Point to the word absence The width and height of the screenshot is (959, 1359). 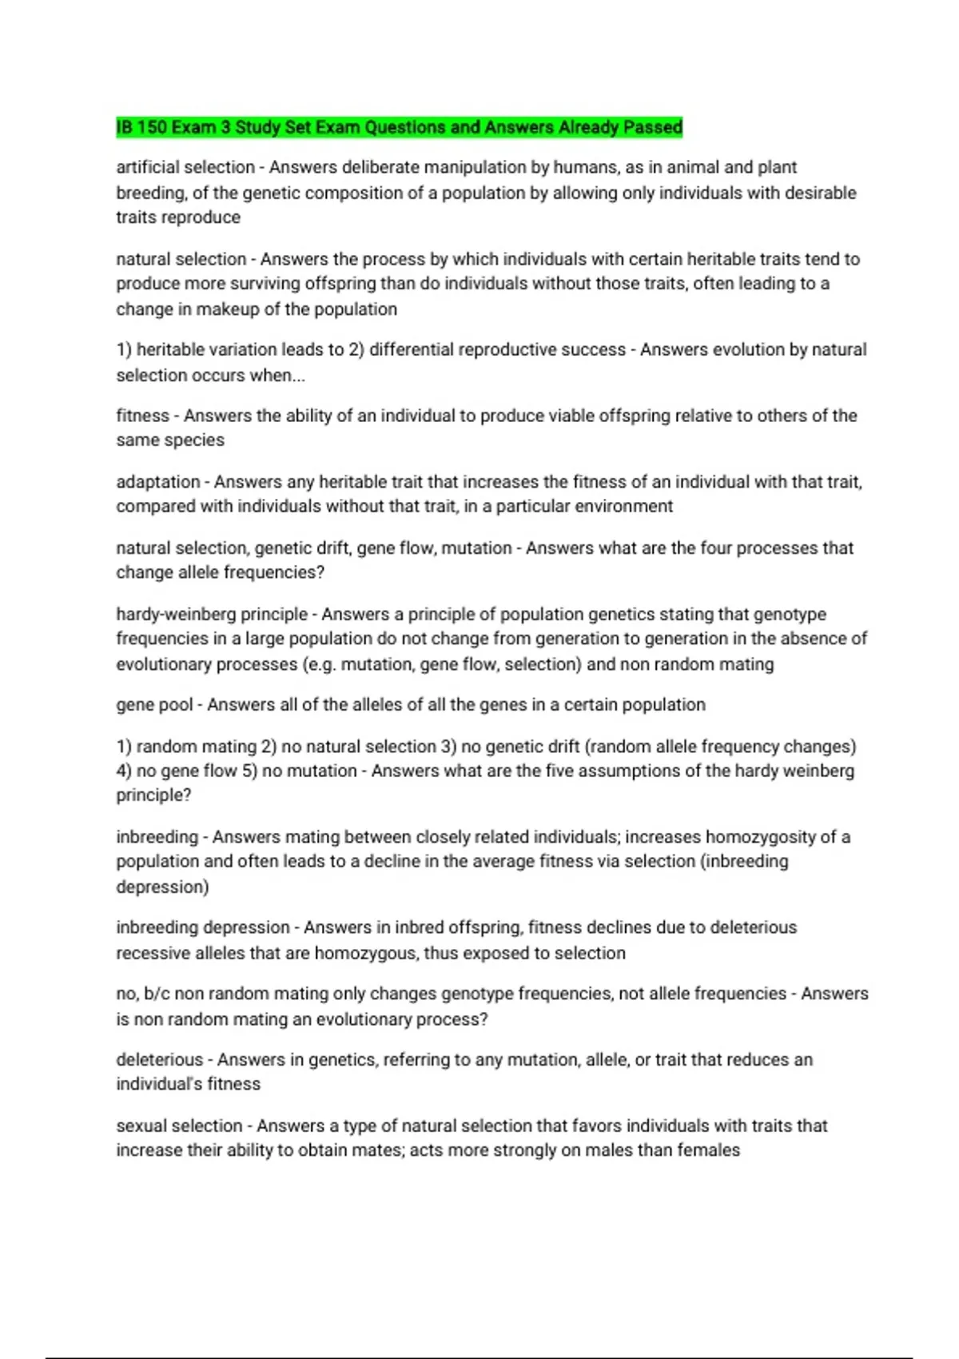click(x=804, y=639)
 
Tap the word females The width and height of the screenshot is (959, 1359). click(x=709, y=1150)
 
